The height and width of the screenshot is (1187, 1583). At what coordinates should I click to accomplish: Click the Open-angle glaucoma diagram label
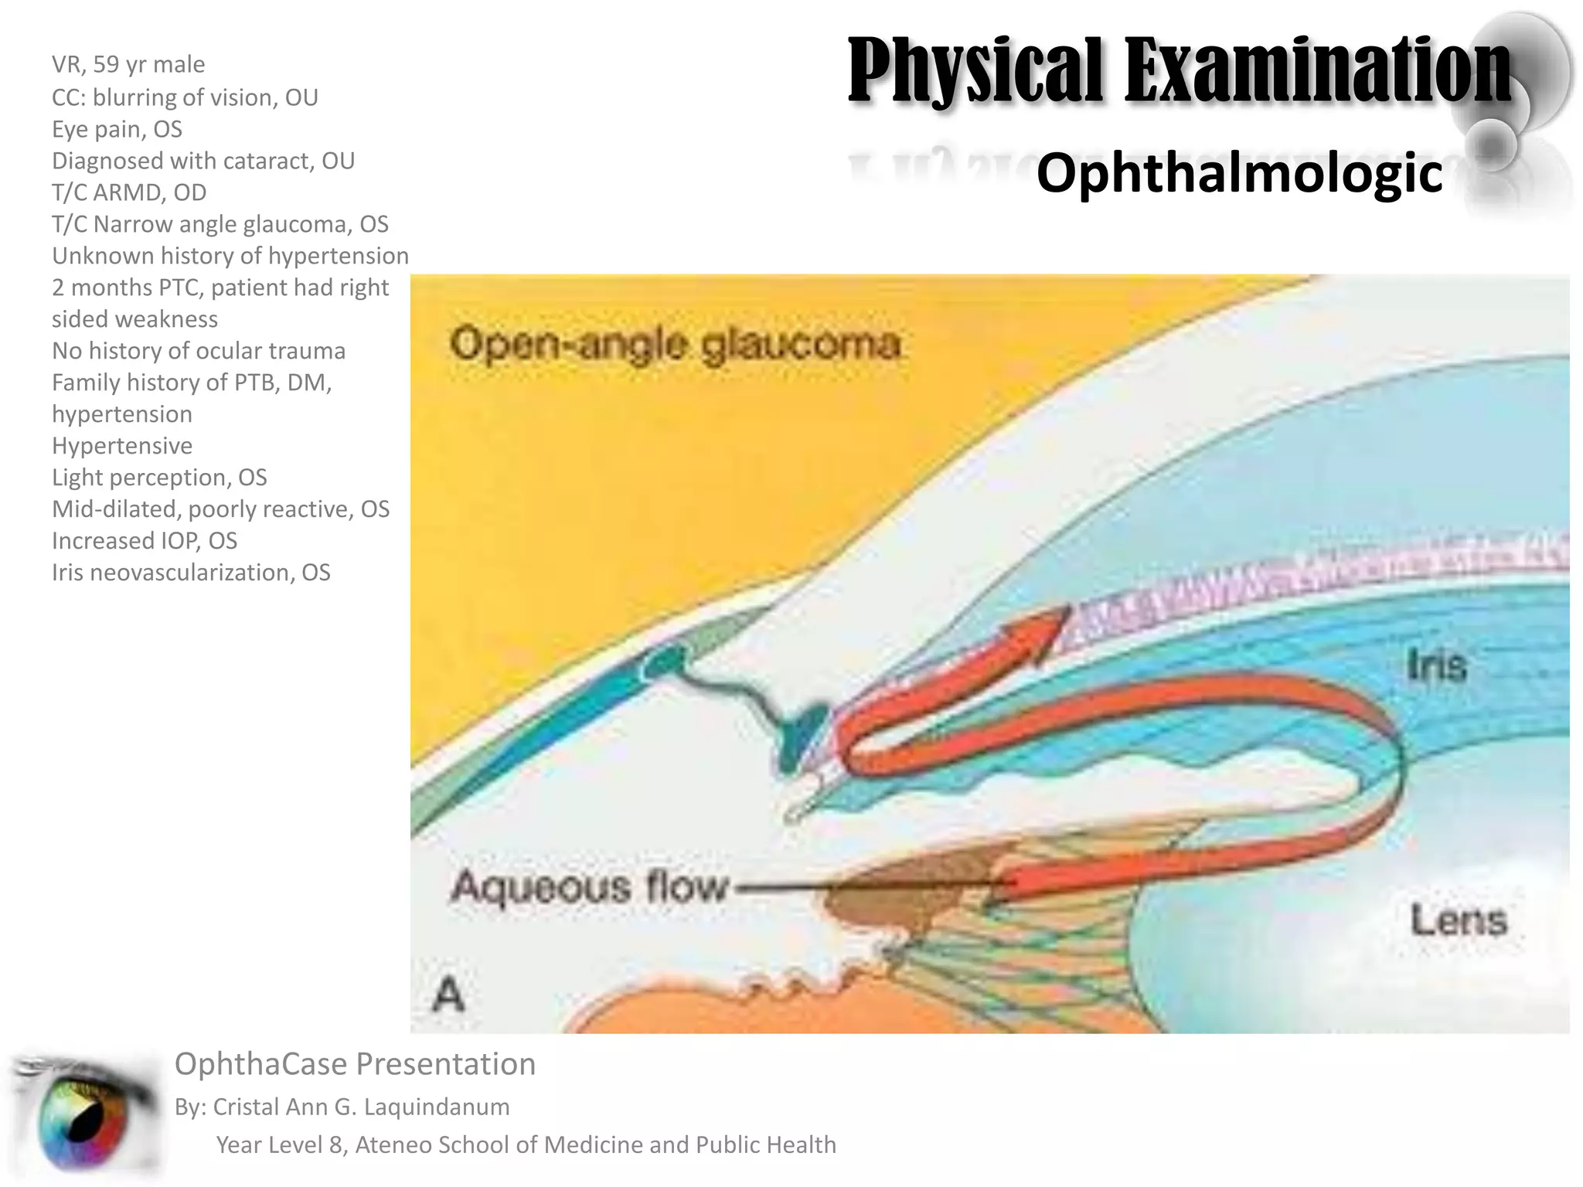point(675,344)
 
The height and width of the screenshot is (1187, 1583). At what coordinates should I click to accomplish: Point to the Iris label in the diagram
point(1436,665)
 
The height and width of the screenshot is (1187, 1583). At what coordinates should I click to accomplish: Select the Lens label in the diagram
point(1459,920)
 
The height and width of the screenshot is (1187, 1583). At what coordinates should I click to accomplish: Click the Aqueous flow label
point(589,886)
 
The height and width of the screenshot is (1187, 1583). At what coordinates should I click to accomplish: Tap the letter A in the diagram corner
point(448,994)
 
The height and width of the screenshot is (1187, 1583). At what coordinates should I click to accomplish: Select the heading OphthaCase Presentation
point(355,1064)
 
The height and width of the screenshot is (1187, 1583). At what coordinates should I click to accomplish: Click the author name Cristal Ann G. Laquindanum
point(361,1107)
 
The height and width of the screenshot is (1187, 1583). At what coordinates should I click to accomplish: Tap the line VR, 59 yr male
point(128,64)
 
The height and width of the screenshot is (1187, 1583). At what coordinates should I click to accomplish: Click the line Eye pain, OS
point(117,129)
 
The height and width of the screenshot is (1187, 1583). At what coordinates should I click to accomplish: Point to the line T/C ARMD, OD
point(129,192)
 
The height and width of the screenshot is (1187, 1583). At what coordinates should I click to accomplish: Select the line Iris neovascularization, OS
point(191,573)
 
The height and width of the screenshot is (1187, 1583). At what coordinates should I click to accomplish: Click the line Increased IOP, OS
point(145,541)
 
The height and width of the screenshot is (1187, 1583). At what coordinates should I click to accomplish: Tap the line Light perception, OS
point(159,478)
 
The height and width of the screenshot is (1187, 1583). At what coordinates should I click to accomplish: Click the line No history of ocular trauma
point(199,351)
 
